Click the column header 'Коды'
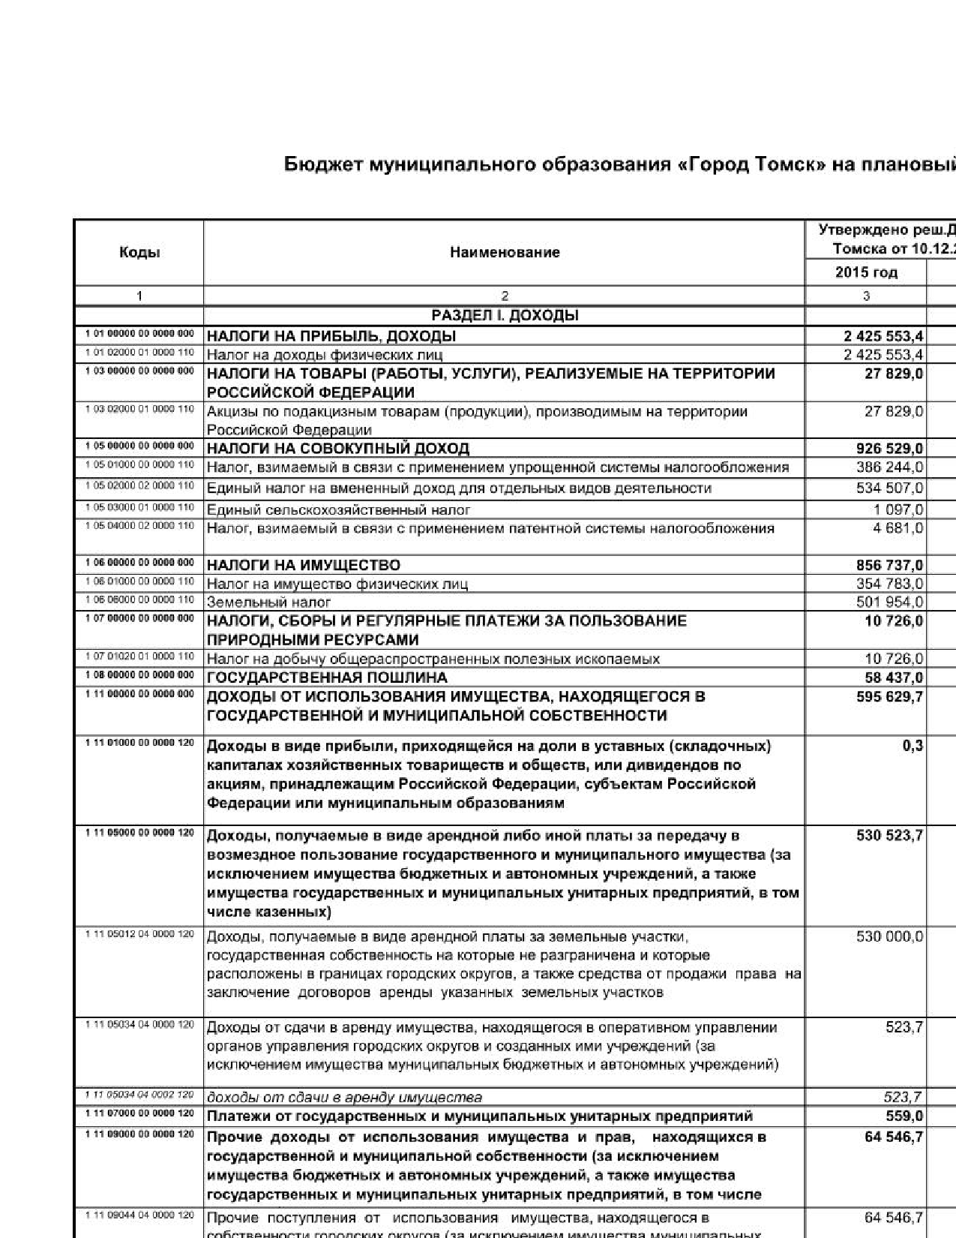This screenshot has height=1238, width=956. click(x=139, y=252)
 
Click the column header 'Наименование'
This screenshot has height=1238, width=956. click(x=505, y=252)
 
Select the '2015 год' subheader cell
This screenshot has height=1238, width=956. click(x=866, y=272)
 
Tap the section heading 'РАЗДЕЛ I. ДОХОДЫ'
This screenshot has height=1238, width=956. click(x=505, y=315)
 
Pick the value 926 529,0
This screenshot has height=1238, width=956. click(x=889, y=449)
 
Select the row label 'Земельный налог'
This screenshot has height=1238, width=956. click(x=268, y=602)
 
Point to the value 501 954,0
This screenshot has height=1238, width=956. click(x=889, y=602)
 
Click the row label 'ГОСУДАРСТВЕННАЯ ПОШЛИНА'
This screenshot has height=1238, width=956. click(x=327, y=678)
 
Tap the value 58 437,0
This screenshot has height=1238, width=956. click(x=894, y=678)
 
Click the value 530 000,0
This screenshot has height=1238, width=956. click(x=889, y=936)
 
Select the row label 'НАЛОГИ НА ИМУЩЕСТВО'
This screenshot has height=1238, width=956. click(x=304, y=565)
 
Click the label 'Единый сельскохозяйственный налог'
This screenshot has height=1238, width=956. click(x=338, y=510)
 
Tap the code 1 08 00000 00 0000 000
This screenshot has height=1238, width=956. click(x=139, y=675)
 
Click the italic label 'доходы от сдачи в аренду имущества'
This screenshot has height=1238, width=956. click(x=344, y=1097)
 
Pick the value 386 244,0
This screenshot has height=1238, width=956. click(x=889, y=467)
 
